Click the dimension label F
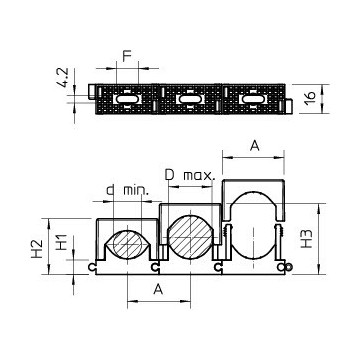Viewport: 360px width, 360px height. point(127,56)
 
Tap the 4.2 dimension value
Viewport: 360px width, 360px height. point(63,78)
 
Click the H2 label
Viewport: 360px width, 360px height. point(37,249)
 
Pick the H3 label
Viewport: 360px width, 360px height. point(306,238)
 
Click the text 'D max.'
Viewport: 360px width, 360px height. point(190,175)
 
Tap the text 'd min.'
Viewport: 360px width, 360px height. point(127,190)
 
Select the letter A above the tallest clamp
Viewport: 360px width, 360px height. point(254,145)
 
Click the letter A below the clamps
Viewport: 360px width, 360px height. point(158,289)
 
